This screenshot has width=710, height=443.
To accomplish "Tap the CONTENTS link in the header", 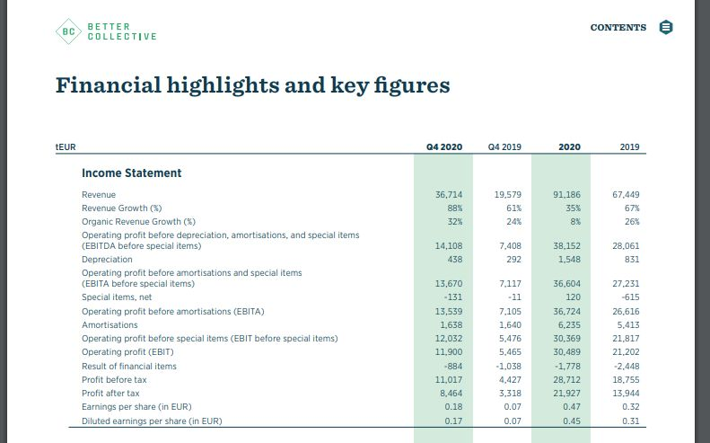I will click(618, 28).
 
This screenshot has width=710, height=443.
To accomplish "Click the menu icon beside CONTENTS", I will click(665, 27).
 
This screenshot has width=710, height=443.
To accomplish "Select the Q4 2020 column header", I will click(444, 146).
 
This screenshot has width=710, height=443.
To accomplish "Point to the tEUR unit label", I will click(66, 146).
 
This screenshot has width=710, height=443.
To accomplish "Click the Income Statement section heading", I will click(131, 173).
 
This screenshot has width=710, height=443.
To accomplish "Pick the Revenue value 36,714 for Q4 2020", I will click(448, 194).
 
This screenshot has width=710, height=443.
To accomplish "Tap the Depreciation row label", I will click(107, 260).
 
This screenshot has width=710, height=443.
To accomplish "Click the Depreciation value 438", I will click(453, 260).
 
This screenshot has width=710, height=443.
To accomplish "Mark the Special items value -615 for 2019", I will click(629, 297).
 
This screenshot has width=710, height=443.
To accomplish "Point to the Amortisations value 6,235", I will click(567, 325).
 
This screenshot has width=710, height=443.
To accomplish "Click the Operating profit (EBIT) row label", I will click(127, 352).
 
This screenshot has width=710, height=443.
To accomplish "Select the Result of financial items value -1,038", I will click(507, 367).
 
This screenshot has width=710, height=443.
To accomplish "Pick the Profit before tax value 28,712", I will click(565, 380).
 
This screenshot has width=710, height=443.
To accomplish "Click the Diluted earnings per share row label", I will click(152, 421).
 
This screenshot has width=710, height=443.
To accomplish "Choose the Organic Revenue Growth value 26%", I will click(632, 221).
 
